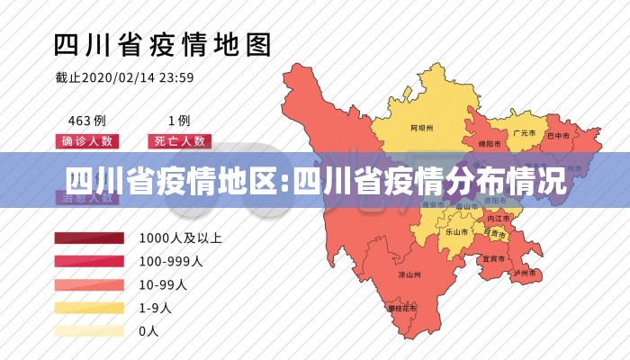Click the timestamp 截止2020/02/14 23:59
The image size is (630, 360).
click(x=125, y=77)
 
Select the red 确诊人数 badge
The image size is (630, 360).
click(x=87, y=141)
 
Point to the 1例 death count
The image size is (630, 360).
click(x=178, y=120)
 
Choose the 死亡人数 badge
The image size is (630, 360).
click(x=178, y=141)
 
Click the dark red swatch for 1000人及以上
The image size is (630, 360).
click(x=88, y=238)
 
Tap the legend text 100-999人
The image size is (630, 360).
click(x=171, y=262)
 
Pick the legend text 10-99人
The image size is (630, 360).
click(x=163, y=284)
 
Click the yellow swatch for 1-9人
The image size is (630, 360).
click(x=88, y=308)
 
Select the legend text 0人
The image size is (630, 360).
click(x=148, y=330)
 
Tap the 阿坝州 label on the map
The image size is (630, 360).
click(x=422, y=128)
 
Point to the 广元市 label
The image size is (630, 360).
click(x=525, y=132)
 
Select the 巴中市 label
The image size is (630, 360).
click(x=560, y=136)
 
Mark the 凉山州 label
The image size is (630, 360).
click(x=410, y=274)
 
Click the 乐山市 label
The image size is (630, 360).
click(x=457, y=231)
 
